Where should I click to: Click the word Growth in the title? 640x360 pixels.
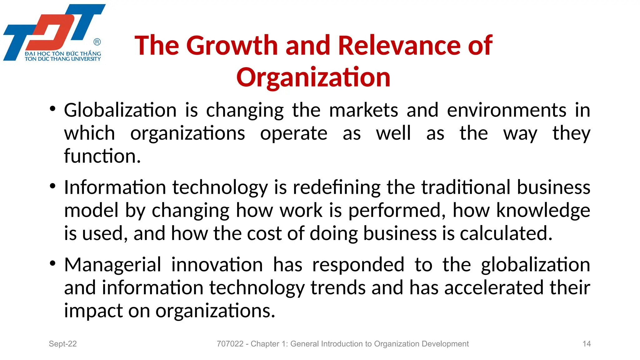pyautogui.click(x=232, y=46)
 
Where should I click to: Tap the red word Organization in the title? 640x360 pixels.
pyautogui.click(x=313, y=77)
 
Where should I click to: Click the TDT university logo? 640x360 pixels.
pyautogui.click(x=54, y=32)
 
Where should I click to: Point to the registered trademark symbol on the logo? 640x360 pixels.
pyautogui.click(x=97, y=42)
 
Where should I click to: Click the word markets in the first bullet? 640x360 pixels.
pyautogui.click(x=363, y=110)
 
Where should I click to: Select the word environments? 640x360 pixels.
pyautogui.click(x=506, y=110)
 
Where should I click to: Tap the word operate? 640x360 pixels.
pyautogui.click(x=294, y=133)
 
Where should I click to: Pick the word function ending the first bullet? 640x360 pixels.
pyautogui.click(x=102, y=156)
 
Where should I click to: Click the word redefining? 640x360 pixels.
pyautogui.click(x=337, y=187)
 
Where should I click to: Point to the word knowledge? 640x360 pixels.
pyautogui.click(x=543, y=210)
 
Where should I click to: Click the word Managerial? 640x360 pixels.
pyautogui.click(x=112, y=265)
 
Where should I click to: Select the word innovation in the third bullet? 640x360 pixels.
pyautogui.click(x=217, y=265)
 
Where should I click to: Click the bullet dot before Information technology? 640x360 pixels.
pyautogui.click(x=52, y=186)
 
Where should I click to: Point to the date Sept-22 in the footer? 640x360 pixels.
pyautogui.click(x=63, y=344)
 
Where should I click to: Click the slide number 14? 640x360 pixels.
pyautogui.click(x=587, y=344)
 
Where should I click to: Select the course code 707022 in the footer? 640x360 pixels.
pyautogui.click(x=230, y=344)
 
